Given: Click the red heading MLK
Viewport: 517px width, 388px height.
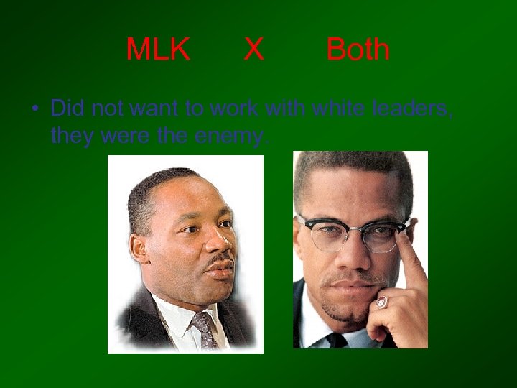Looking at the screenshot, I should [158, 50].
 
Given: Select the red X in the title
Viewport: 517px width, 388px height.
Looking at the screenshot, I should [253, 50].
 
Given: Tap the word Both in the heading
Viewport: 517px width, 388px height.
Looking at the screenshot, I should [358, 50].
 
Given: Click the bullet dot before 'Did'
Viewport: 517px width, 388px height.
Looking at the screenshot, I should [34, 109].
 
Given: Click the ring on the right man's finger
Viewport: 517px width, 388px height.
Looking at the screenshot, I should [382, 302].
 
